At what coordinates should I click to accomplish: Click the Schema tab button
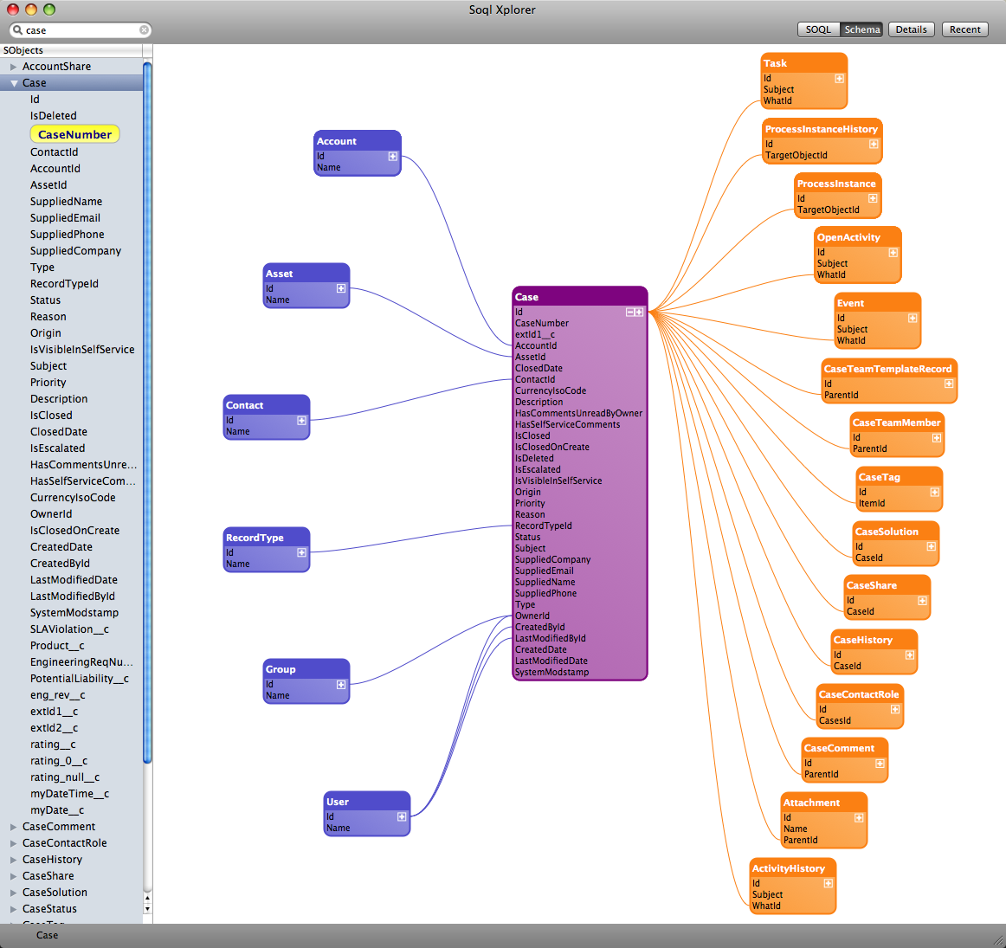pos(861,29)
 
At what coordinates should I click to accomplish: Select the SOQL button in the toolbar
pos(818,29)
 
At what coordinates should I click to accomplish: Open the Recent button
pos(965,29)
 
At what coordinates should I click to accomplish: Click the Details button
pos(911,29)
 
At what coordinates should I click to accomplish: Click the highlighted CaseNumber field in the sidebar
pos(75,134)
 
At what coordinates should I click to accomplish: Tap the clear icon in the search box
pos(145,30)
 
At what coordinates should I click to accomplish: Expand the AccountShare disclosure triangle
pos(13,67)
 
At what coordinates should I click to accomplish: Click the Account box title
pos(336,141)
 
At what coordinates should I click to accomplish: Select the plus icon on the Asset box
pos(341,288)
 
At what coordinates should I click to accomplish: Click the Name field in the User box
pos(339,828)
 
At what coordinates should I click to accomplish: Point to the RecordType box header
pos(267,538)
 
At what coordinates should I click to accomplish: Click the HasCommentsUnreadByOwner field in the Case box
pos(578,413)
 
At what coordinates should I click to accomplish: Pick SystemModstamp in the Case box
pos(551,672)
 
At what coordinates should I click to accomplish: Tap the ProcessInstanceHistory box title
pos(822,129)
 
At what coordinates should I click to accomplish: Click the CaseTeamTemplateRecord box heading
pos(888,369)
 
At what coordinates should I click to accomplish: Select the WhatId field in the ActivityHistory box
pos(766,906)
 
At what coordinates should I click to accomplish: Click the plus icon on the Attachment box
pos(859,818)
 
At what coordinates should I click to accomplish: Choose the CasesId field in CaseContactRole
pos(835,721)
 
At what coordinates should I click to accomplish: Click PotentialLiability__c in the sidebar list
pos(80,679)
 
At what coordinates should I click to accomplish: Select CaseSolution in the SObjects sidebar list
pos(55,893)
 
